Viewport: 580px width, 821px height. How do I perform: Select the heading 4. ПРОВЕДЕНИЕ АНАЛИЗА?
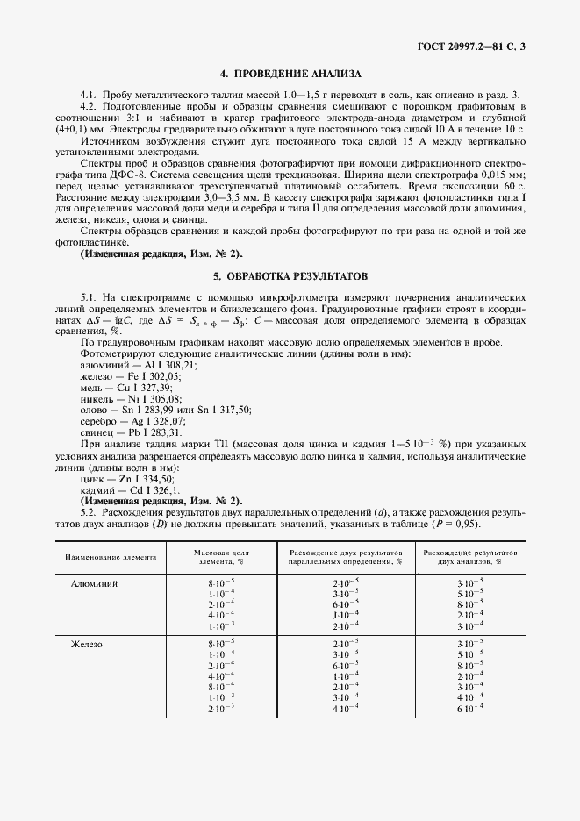tap(290, 74)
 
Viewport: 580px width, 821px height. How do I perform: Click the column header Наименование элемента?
tap(111, 557)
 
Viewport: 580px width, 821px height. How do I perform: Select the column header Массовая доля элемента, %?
tap(221, 557)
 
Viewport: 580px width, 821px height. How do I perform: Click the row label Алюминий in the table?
tap(99, 582)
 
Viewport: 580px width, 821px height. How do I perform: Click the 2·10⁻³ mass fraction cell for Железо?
tap(221, 707)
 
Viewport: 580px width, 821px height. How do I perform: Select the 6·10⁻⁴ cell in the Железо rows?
tap(471, 707)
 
